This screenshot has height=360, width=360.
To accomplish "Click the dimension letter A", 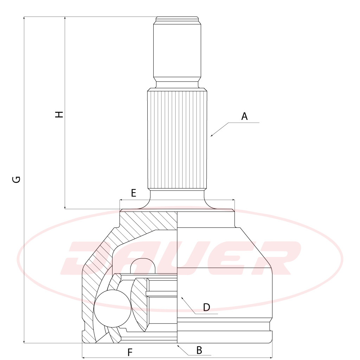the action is click(244, 116).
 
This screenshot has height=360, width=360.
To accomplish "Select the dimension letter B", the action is click(199, 350).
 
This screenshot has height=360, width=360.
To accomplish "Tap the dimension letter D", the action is click(207, 307).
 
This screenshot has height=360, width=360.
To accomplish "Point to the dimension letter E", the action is click(133, 193).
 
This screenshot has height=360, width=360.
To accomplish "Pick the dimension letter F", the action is click(130, 352).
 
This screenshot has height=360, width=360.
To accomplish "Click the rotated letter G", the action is click(16, 179).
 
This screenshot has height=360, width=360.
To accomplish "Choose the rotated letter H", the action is click(59, 114).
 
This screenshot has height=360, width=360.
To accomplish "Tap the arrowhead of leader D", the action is click(182, 298).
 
